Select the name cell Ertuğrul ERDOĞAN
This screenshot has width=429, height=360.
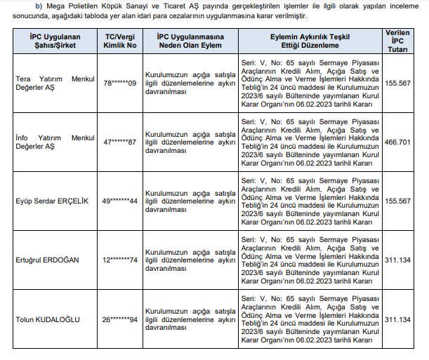pyautogui.click(x=46, y=260)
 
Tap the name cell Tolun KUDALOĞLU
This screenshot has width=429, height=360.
pyautogui.click(x=48, y=320)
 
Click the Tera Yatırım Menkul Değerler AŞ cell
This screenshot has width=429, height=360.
pyautogui.click(x=54, y=84)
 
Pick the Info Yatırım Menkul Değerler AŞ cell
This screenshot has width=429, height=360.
pyautogui.click(x=54, y=142)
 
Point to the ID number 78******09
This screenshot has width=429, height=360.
pyautogui.click(x=120, y=83)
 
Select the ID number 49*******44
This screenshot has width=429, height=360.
pyautogui.click(x=120, y=201)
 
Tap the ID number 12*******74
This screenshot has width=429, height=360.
pyautogui.click(x=120, y=260)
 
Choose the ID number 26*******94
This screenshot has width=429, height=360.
pyautogui.click(x=120, y=320)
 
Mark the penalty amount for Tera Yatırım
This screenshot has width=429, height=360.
pyautogui.click(x=398, y=83)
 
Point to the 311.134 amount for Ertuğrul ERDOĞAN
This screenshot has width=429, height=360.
pyautogui.click(x=398, y=260)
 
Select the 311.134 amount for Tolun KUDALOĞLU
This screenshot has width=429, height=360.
pyautogui.click(x=398, y=320)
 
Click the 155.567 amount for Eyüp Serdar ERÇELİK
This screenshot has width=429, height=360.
pyautogui.click(x=398, y=201)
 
